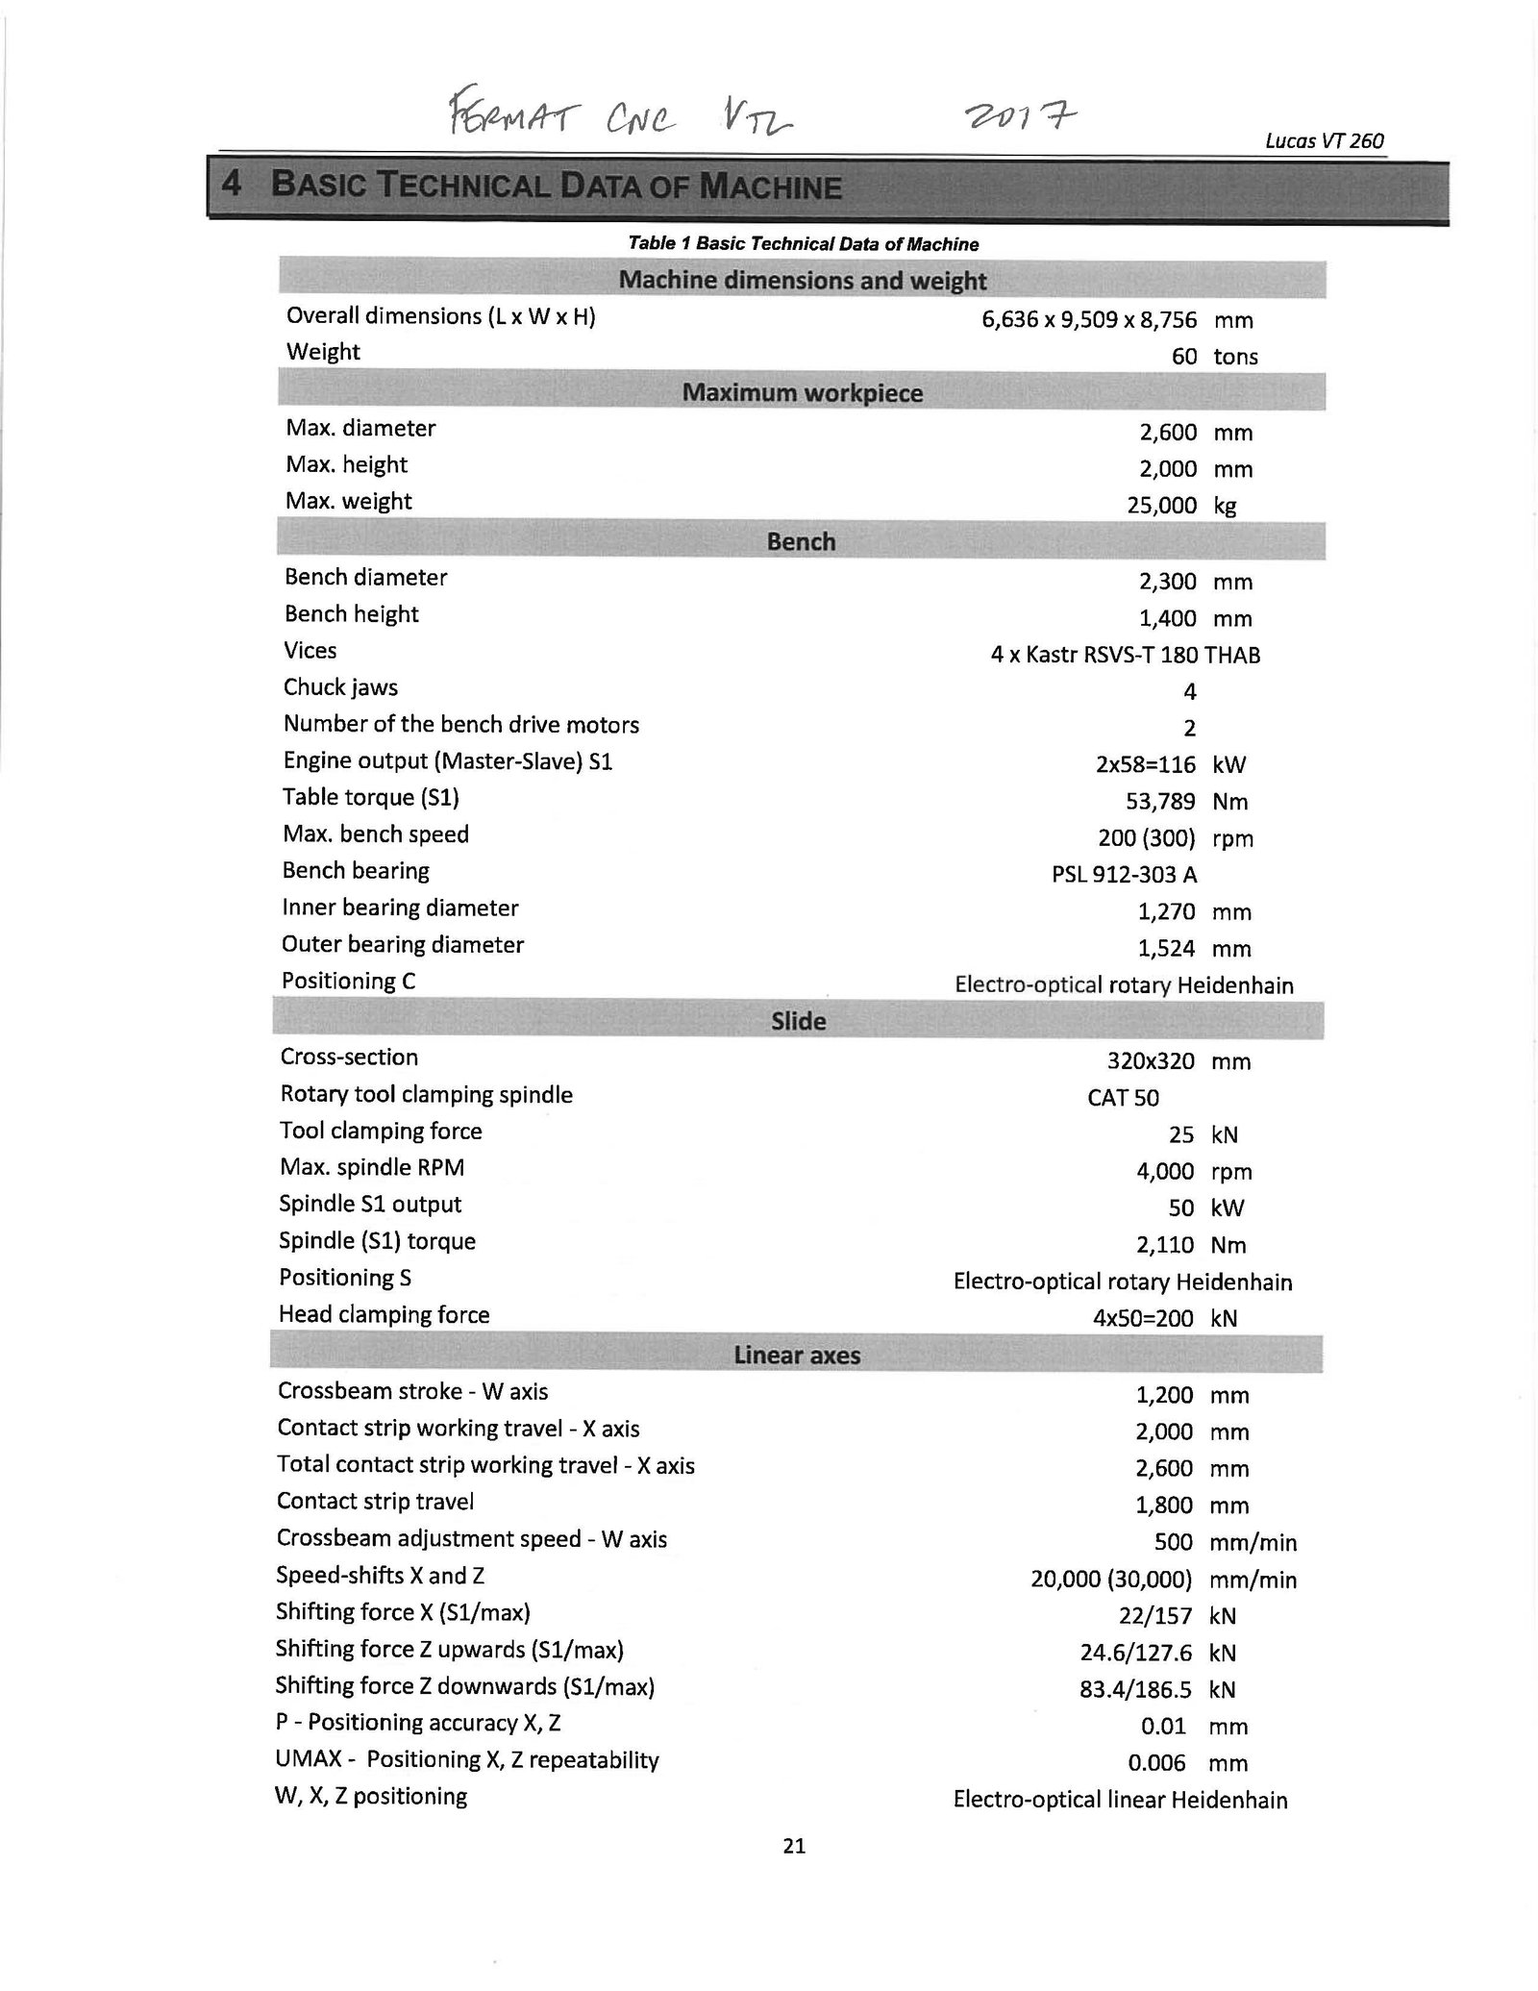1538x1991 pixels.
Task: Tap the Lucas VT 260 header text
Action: tap(1324, 141)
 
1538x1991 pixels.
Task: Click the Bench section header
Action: tap(801, 542)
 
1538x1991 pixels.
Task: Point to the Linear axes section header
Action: tap(797, 1356)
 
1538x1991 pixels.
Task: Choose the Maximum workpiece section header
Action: tap(802, 393)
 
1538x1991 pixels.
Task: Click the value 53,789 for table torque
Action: tap(1160, 801)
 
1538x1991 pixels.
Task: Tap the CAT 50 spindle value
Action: tap(1123, 1098)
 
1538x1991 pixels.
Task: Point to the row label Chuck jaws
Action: tap(340, 687)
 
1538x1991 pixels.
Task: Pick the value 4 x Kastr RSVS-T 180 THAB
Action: tap(1125, 656)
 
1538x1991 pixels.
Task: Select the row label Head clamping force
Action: tap(384, 1314)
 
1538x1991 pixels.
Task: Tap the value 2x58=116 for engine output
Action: tap(1144, 765)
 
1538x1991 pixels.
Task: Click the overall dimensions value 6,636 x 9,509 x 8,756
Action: tap(1089, 320)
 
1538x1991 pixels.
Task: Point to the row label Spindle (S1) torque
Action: tap(377, 1241)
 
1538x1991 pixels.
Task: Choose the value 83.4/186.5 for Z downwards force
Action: tap(1136, 1689)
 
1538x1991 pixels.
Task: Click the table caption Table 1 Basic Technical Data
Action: tap(803, 244)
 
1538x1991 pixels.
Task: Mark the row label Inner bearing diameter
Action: tap(400, 908)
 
